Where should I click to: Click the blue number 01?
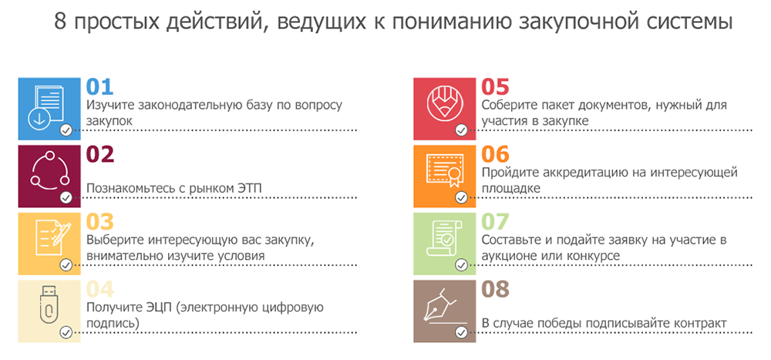(99, 86)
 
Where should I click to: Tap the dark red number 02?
(100, 154)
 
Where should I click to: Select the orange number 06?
(495, 154)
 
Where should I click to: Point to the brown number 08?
(495, 290)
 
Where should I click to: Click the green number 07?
(495, 222)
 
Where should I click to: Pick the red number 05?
(495, 86)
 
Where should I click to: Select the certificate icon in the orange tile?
(445, 170)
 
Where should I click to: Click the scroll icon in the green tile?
(444, 238)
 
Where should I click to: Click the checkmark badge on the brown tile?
(461, 332)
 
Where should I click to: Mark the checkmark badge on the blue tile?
(66, 130)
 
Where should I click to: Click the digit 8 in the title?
(60, 22)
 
